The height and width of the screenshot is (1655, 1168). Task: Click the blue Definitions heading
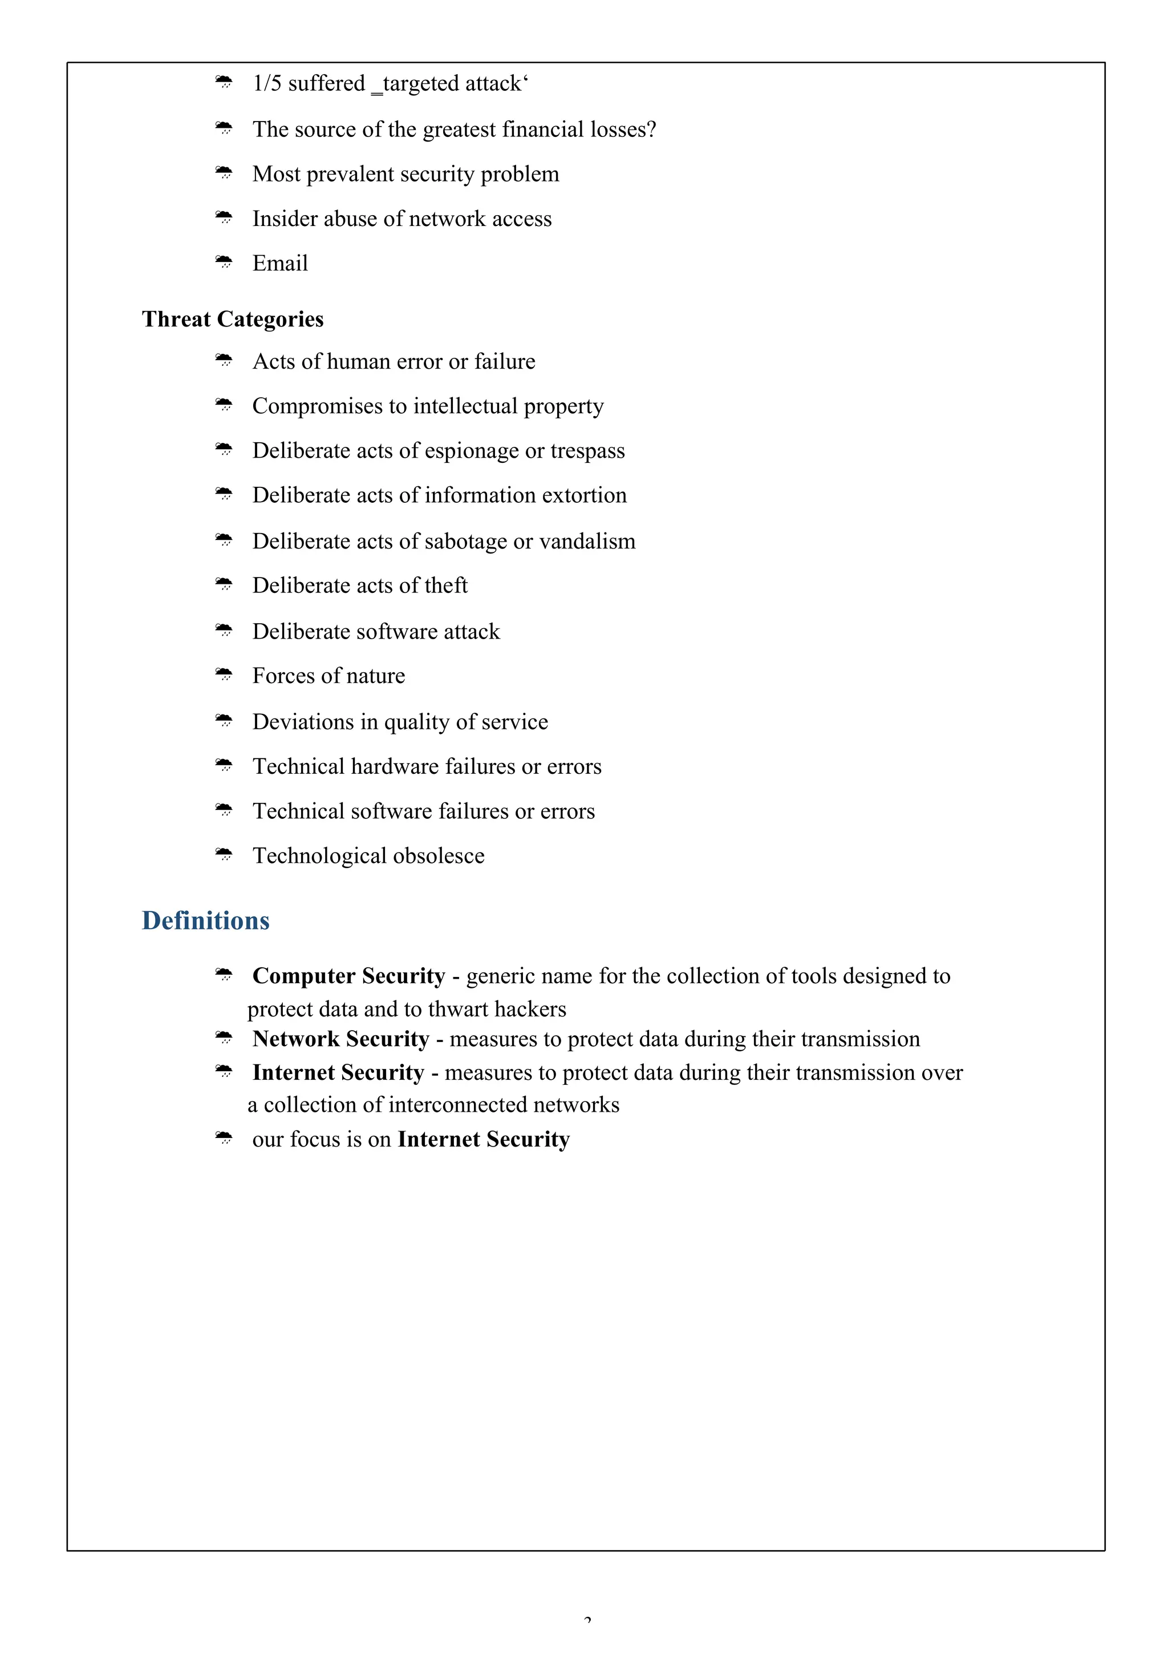tap(205, 921)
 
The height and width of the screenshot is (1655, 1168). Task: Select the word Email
tap(279, 263)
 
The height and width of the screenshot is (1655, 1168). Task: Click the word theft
tap(445, 586)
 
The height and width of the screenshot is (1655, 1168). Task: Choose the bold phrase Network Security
tap(341, 1039)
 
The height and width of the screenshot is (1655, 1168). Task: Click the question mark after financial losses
tap(651, 129)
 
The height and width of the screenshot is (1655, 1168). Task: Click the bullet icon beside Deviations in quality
tap(224, 720)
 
